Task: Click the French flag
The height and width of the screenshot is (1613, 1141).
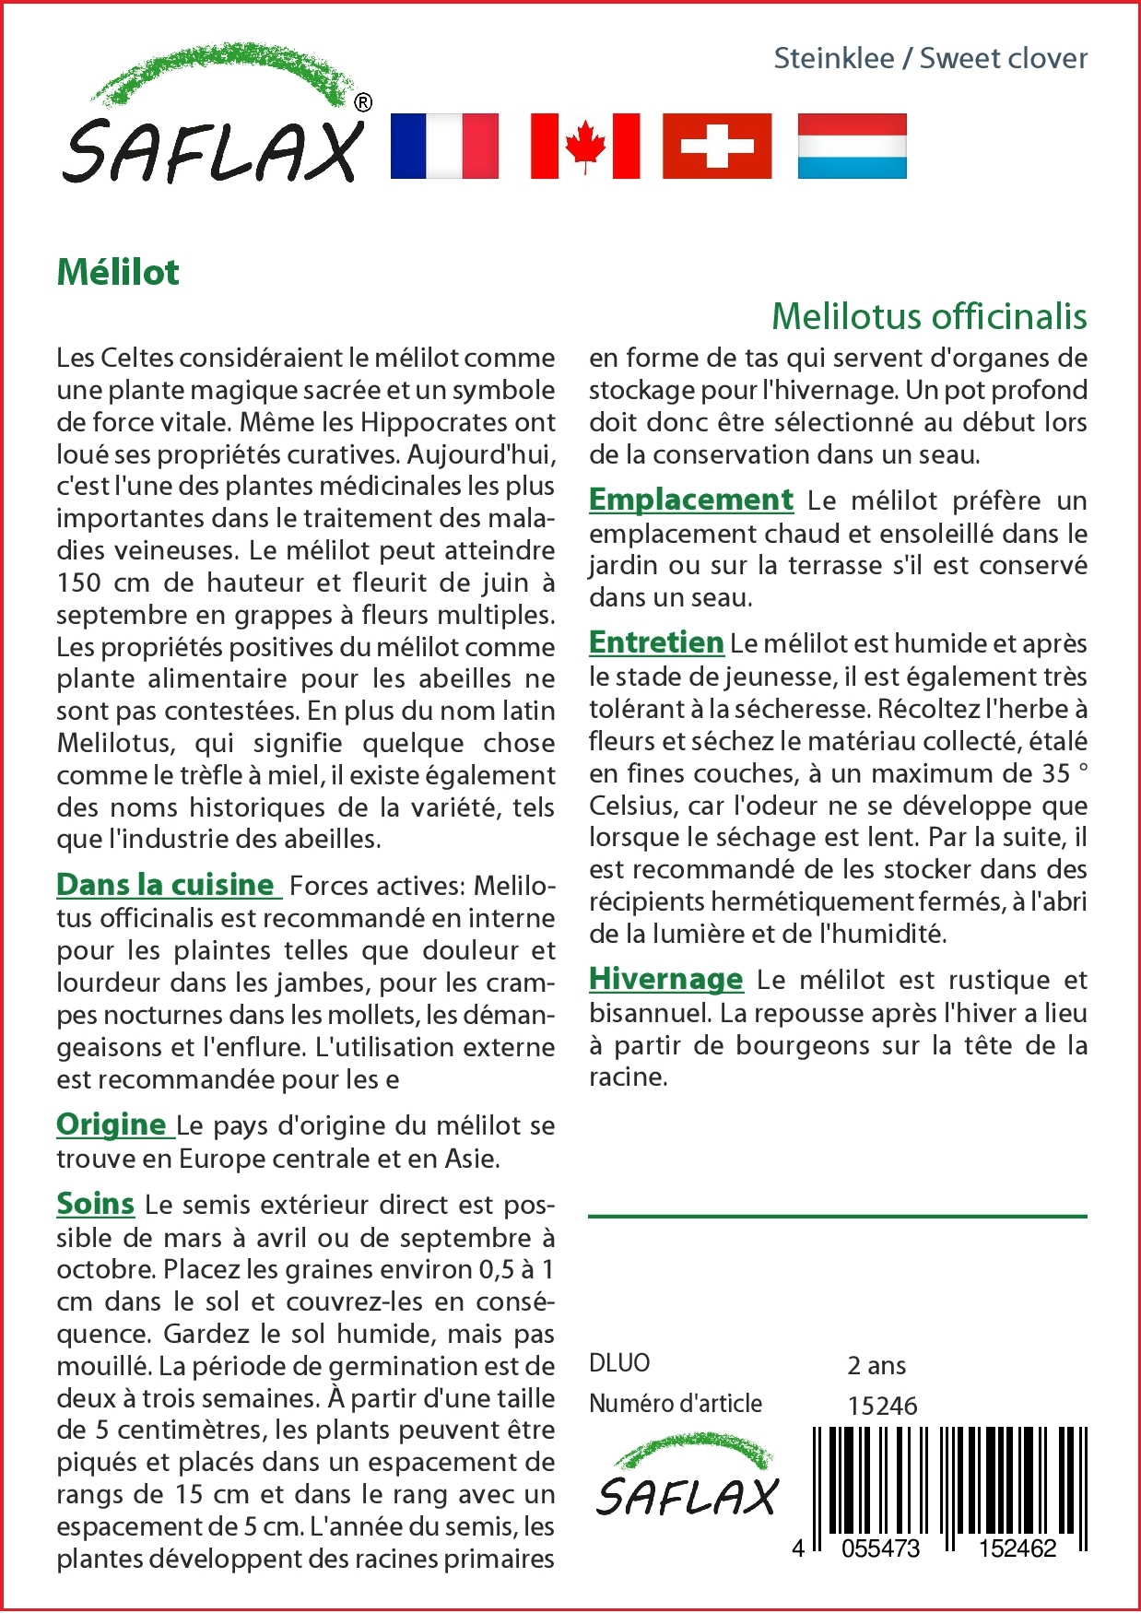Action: point(444,146)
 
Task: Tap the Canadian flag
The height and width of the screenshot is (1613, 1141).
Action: point(585,146)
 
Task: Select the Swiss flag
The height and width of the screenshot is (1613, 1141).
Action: point(717,146)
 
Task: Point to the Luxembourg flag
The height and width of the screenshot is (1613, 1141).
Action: point(852,146)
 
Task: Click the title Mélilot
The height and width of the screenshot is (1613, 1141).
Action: point(118,273)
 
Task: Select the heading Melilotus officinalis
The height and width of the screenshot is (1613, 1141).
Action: point(929,316)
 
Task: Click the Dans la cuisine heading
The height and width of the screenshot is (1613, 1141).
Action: point(167,884)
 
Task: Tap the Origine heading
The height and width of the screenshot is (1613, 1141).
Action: point(112,1124)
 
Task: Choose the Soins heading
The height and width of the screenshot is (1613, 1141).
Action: point(95,1203)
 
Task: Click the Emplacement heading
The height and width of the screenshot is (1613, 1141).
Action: point(690,499)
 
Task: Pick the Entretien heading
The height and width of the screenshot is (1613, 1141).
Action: point(656,642)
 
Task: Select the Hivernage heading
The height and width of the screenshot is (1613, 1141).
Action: point(665,978)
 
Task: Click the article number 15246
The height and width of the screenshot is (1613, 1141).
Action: point(882,1406)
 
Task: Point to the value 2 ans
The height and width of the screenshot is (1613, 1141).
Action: point(876,1365)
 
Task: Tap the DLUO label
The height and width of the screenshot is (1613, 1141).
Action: point(619,1362)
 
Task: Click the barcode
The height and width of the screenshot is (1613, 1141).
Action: point(949,1484)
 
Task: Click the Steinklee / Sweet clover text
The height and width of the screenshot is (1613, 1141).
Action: point(930,58)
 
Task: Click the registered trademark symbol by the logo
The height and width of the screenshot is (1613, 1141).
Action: point(363,102)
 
